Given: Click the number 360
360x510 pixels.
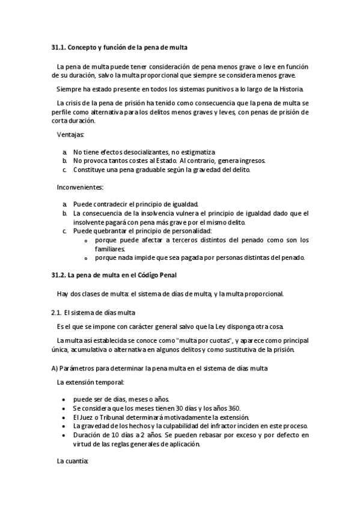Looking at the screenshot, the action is tap(233, 408).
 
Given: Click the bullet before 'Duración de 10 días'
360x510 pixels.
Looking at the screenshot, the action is tap(64, 435).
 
